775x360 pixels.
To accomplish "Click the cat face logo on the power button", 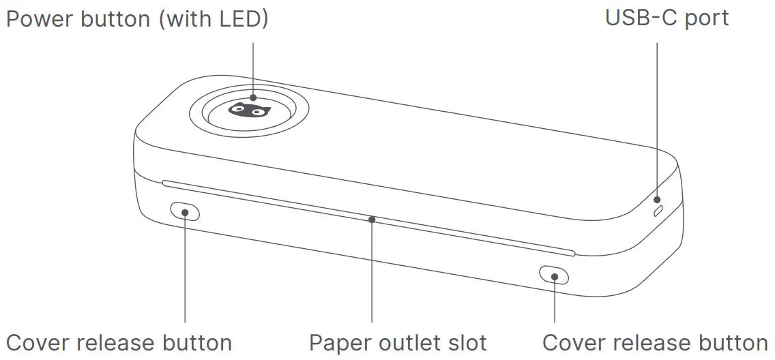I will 249,109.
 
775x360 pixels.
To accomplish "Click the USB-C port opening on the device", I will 658,211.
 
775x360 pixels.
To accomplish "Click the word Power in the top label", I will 39,19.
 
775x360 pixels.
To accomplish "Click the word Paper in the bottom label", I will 337,342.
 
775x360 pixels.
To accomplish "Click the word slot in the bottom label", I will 467,342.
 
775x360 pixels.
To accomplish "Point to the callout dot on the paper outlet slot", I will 372,220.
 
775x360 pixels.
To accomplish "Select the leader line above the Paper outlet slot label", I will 372,273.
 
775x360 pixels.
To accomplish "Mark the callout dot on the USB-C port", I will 658,200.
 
